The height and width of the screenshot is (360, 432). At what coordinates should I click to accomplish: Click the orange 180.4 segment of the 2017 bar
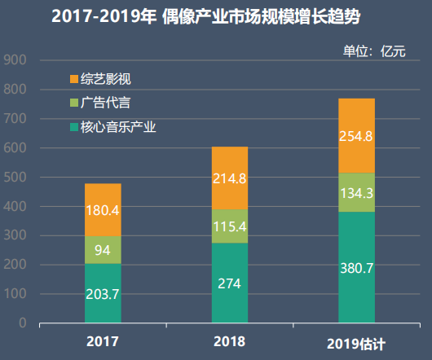tap(103, 210)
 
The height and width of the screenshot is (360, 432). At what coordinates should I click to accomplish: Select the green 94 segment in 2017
tap(103, 250)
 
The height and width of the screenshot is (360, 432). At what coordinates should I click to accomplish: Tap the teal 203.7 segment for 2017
tap(103, 293)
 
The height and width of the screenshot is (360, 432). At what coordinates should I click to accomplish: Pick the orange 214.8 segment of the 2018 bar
tap(229, 178)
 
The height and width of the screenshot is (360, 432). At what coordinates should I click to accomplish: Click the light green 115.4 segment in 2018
tap(229, 226)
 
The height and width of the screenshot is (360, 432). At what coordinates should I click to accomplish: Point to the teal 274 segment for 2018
tap(229, 283)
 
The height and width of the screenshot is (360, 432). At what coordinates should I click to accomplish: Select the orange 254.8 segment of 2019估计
tap(356, 136)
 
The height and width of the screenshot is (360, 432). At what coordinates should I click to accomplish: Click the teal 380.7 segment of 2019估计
tap(356, 267)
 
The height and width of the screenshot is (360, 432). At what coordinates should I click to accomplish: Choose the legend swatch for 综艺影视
tap(74, 79)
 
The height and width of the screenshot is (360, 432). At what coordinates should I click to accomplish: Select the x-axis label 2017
tap(103, 341)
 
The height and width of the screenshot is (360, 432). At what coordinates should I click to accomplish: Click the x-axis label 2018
tap(229, 340)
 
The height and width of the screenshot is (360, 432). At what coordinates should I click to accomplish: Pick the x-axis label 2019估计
tap(355, 342)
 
